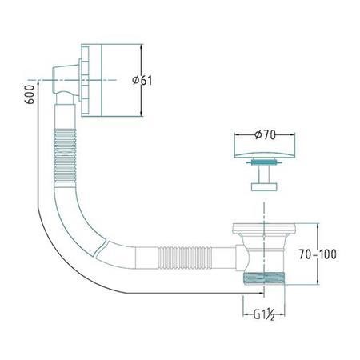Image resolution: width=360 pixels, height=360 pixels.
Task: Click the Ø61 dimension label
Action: tap(142, 80)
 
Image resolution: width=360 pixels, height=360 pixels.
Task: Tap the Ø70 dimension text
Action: tap(265, 135)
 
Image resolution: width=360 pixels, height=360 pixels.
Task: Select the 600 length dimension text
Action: tap(30, 94)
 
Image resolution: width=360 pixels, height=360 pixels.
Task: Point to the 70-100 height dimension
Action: tap(318, 254)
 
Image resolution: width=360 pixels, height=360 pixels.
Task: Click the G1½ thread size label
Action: tap(264, 314)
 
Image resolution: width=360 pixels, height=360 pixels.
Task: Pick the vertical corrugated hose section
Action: tap(65, 156)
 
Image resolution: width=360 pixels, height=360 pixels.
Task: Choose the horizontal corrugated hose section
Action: tap(185, 258)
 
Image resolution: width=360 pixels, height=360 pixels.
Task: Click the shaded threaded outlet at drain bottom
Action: tap(264, 278)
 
